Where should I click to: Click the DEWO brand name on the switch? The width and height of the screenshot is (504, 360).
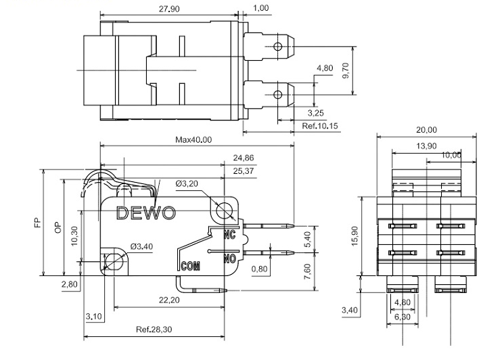pyautogui.click(x=146, y=212)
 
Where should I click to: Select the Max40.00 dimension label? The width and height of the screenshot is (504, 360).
pyautogui.click(x=194, y=140)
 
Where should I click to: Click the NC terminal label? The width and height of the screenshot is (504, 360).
pyautogui.click(x=229, y=234)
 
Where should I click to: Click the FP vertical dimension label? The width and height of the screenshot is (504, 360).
pyautogui.click(x=38, y=223)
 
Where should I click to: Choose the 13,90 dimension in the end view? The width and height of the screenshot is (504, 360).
pyautogui.click(x=427, y=146)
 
